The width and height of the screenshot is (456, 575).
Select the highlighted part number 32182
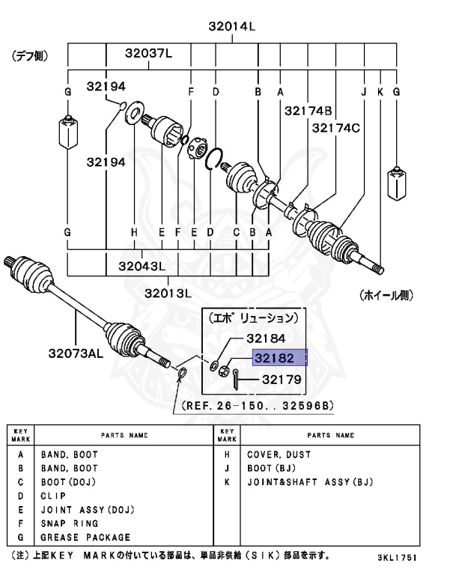pos(279,359)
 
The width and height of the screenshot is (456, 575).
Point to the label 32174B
pos(308,110)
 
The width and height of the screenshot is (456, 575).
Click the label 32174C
pos(335,128)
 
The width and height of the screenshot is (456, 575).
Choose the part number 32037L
pos(148,53)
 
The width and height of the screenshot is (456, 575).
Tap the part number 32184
pos(279,338)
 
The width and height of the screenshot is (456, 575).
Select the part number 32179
pos(281,380)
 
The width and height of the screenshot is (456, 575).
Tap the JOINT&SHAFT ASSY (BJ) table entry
pos(309,482)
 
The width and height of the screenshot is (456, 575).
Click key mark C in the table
pos(20,482)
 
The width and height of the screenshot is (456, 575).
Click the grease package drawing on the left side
pos(67,133)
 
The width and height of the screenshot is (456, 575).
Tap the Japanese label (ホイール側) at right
pos(386,294)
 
